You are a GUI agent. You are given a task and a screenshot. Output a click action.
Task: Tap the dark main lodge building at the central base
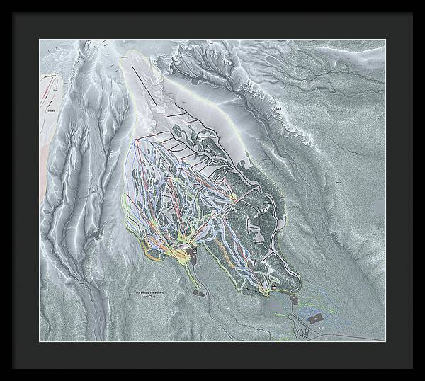(193, 252)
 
